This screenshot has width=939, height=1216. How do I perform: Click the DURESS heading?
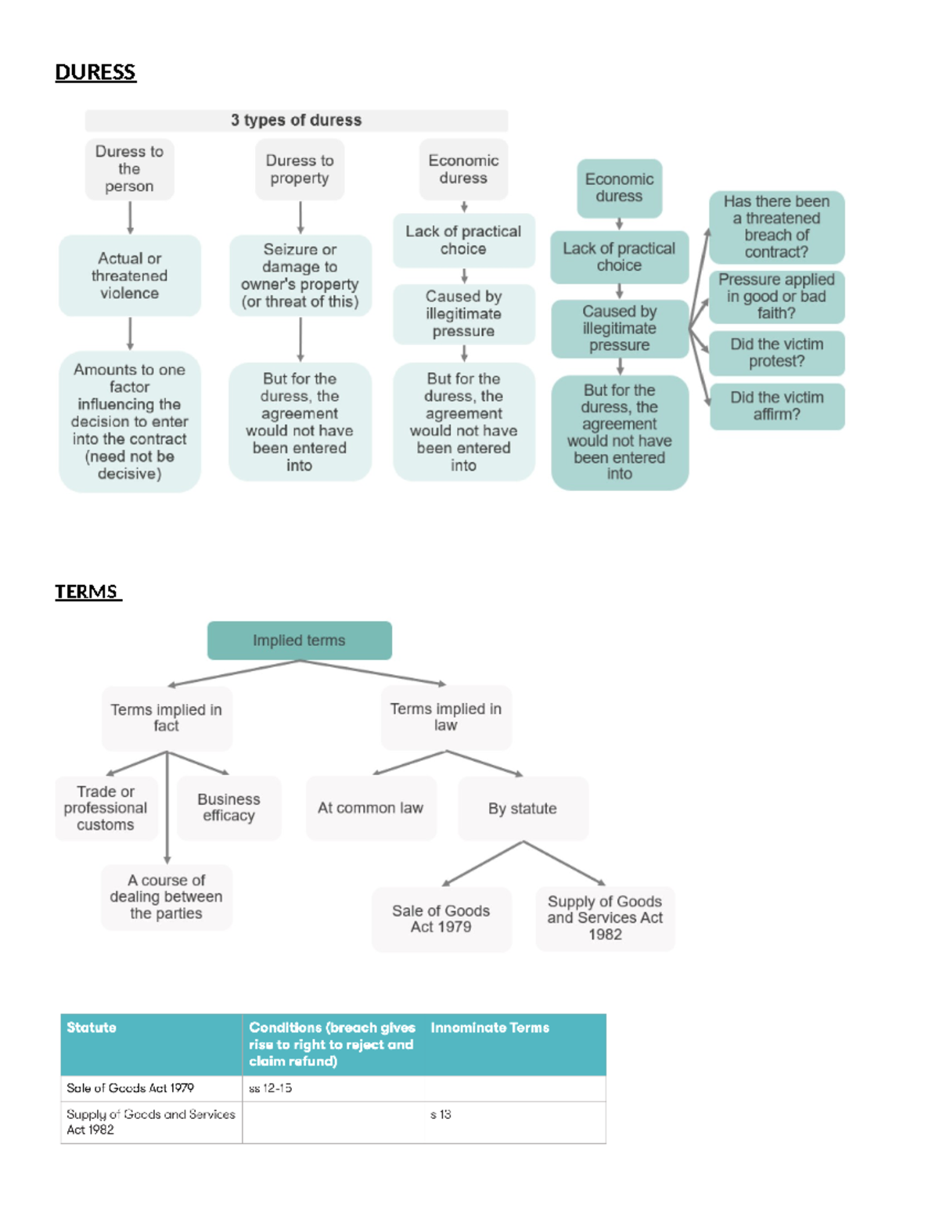pos(95,72)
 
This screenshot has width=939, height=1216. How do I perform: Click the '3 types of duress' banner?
pos(296,121)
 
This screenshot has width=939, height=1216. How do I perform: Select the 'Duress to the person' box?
pos(129,169)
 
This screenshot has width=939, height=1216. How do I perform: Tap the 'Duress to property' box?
pos(300,169)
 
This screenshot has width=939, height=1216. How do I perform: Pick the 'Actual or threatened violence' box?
pos(129,276)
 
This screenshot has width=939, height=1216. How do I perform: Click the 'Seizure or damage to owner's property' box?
pos(300,276)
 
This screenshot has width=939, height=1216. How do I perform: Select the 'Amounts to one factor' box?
pos(129,421)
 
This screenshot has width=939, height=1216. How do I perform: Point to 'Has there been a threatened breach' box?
pos(776,227)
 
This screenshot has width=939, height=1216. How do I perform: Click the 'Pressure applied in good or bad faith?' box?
pos(776,297)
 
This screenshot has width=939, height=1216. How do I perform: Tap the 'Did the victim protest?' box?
pos(776,353)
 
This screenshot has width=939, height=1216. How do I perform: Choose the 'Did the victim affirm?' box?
pos(776,406)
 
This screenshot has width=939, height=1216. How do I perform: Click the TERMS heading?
pos(87,592)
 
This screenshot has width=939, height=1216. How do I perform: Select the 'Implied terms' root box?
pos(299,640)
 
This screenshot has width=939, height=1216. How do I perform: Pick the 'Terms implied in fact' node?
pos(166,718)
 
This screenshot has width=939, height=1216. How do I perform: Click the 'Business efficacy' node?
pos(228,808)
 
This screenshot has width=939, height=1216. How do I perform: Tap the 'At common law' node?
pos(370,808)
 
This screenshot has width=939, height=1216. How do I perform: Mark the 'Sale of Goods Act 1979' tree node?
pos(441,919)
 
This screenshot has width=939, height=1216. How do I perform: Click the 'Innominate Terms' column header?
pos(490,1028)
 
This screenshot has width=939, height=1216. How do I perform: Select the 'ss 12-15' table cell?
pos(271,1088)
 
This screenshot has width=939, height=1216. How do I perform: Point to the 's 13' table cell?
pos(441,1115)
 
